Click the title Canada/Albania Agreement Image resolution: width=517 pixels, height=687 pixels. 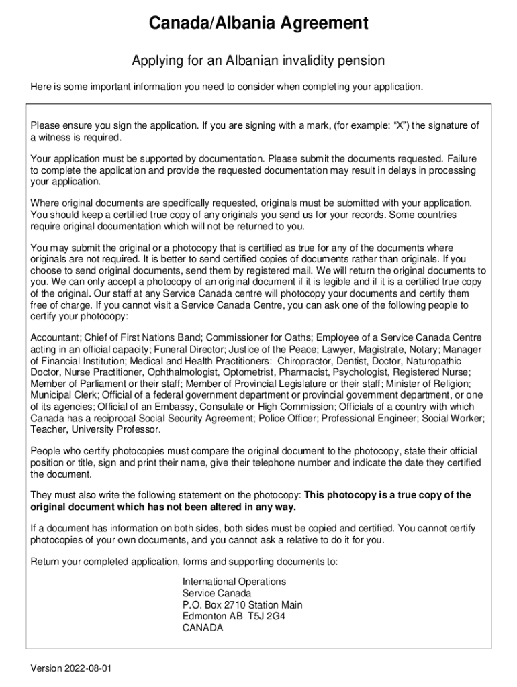click(258, 23)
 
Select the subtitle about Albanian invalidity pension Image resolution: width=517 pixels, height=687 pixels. click(258, 61)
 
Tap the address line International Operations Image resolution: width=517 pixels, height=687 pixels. click(234, 582)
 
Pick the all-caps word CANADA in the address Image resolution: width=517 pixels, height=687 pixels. click(202, 629)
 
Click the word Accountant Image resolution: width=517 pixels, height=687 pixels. click(55, 337)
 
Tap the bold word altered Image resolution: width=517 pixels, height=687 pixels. click(231, 507)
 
